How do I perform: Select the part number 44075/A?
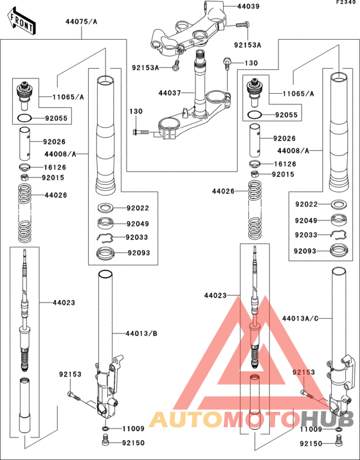[x=81, y=22]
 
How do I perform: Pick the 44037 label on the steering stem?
[x=170, y=93]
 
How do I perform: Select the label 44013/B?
[x=141, y=334]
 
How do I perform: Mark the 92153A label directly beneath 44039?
[x=248, y=46]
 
